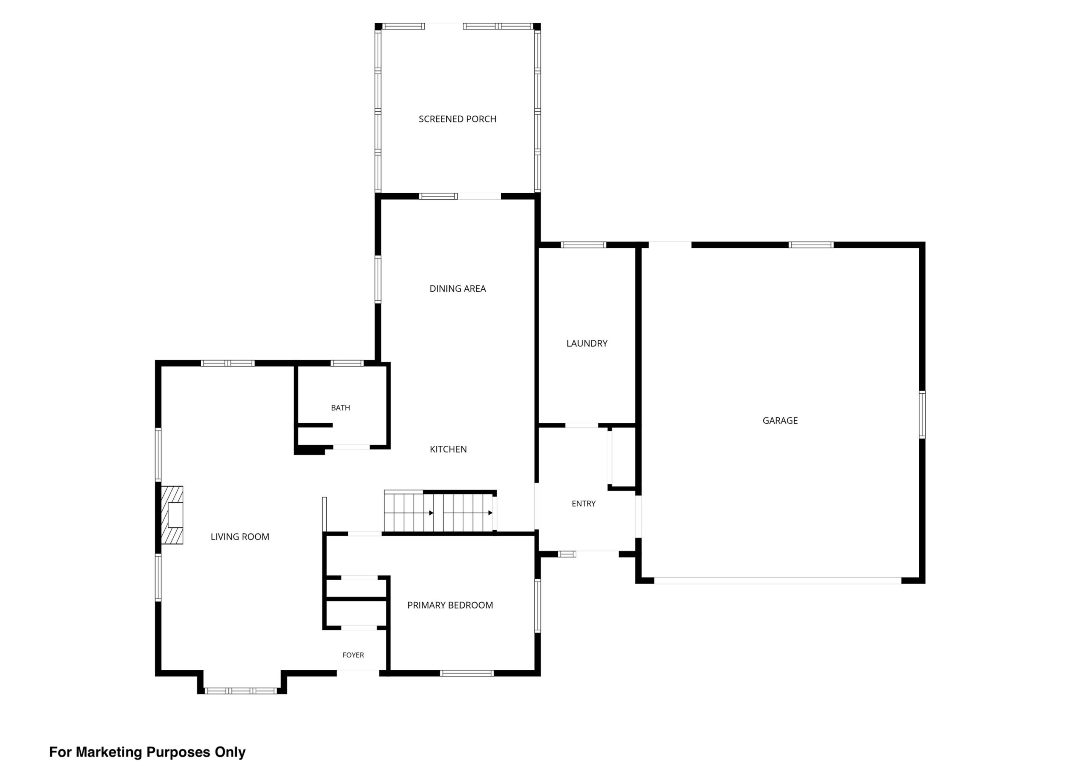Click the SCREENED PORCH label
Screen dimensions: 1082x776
tap(457, 119)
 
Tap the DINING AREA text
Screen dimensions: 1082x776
tap(457, 288)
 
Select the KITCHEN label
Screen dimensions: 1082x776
tap(448, 449)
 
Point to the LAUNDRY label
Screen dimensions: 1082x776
tap(587, 343)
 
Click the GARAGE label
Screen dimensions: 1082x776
tap(780, 420)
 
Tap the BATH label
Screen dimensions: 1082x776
tap(341, 408)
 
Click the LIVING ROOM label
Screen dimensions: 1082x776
tap(240, 536)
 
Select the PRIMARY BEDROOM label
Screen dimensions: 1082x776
tap(450, 605)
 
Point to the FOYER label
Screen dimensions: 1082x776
tap(353, 655)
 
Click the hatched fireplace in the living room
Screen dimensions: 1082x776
tap(172, 515)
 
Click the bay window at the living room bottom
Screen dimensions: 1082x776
tap(240, 691)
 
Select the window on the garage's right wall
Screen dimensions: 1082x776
tap(922, 415)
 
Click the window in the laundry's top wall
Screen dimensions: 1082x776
tap(583, 245)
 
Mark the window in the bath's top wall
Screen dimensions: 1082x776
tap(347, 363)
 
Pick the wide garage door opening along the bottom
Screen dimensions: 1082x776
tap(778, 580)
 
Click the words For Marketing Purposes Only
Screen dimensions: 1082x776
tap(148, 752)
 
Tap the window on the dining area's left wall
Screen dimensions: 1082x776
tap(378, 279)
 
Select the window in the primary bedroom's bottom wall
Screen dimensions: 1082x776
tap(467, 673)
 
